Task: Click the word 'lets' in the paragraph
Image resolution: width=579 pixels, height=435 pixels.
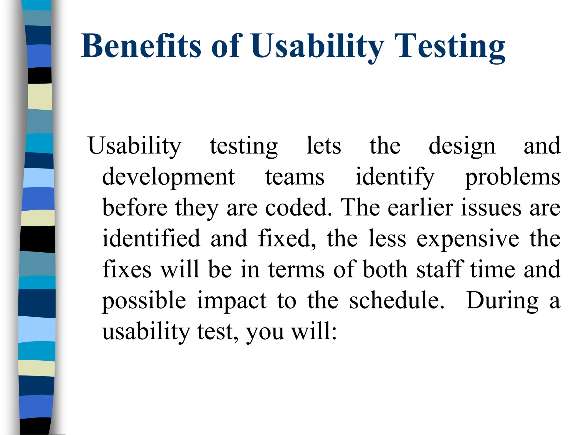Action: pyautogui.click(x=324, y=146)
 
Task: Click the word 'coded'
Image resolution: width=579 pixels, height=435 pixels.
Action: pyautogui.click(x=298, y=208)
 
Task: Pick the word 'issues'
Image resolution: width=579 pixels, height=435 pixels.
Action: pyautogui.click(x=491, y=208)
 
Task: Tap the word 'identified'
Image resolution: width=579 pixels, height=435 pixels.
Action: pyautogui.click(x=151, y=238)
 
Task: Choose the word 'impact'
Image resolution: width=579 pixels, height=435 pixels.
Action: pyautogui.click(x=232, y=301)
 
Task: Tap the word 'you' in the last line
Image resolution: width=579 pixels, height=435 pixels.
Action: pyautogui.click(x=265, y=332)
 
